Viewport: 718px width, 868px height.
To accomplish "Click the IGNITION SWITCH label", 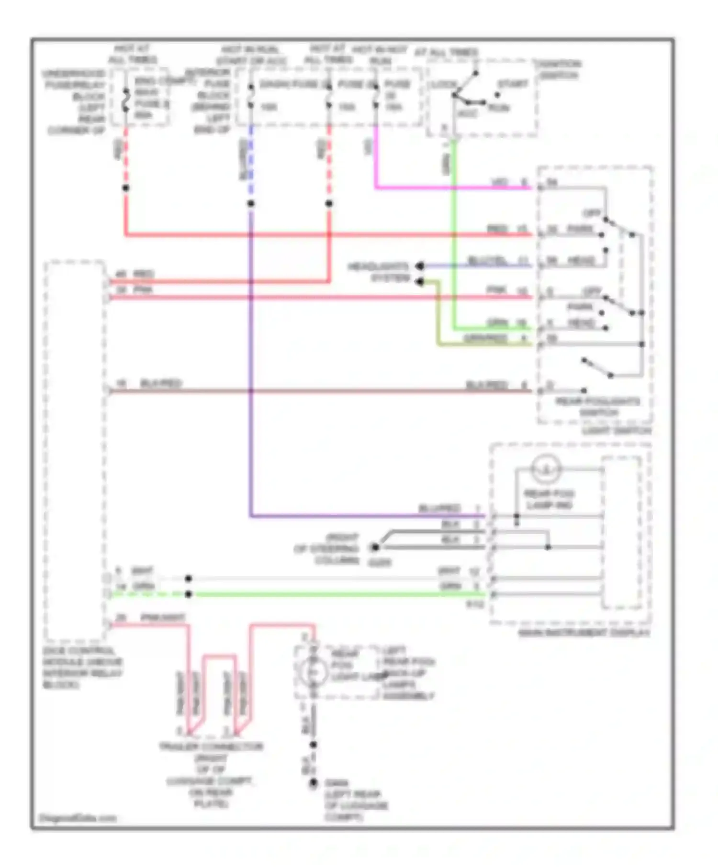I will coord(558,69).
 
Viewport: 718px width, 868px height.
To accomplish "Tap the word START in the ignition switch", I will coord(513,84).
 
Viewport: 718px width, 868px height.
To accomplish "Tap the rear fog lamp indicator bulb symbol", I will coord(546,469).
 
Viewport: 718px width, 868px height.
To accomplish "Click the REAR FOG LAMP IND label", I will coord(549,499).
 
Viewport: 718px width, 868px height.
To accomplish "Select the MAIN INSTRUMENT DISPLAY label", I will coord(584,633).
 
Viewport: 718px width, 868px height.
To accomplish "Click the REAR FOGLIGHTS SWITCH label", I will coord(598,407).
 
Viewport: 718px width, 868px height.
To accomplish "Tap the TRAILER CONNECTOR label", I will coord(211,746).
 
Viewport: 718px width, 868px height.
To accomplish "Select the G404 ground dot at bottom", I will coord(313,783).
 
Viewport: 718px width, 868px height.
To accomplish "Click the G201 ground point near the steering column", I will coord(375,547).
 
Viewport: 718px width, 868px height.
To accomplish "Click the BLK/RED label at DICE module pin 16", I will coord(161,384).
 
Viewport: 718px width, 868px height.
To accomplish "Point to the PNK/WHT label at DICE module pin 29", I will coord(162,618).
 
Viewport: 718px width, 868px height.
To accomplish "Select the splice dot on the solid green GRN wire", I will coord(189,594).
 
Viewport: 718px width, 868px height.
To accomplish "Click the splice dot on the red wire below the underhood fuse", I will coord(126,188).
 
